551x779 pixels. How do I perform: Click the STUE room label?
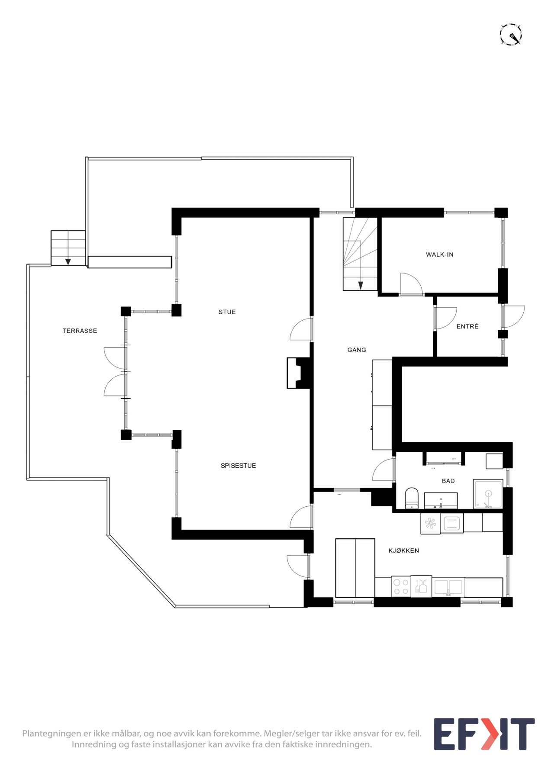[227, 312]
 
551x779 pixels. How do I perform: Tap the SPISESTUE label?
[238, 466]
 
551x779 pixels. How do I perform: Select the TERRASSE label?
[80, 331]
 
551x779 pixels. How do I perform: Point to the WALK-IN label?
[439, 254]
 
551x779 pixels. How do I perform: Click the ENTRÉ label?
[467, 326]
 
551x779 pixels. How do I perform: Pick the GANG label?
[356, 350]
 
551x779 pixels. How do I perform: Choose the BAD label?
[448, 481]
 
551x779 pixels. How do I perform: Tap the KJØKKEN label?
[403, 550]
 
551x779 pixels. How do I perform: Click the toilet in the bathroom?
[412, 498]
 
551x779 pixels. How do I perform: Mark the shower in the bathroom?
[488, 494]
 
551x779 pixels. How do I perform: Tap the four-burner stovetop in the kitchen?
[400, 587]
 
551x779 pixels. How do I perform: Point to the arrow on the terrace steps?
[68, 261]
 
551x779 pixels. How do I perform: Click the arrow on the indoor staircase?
[360, 285]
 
